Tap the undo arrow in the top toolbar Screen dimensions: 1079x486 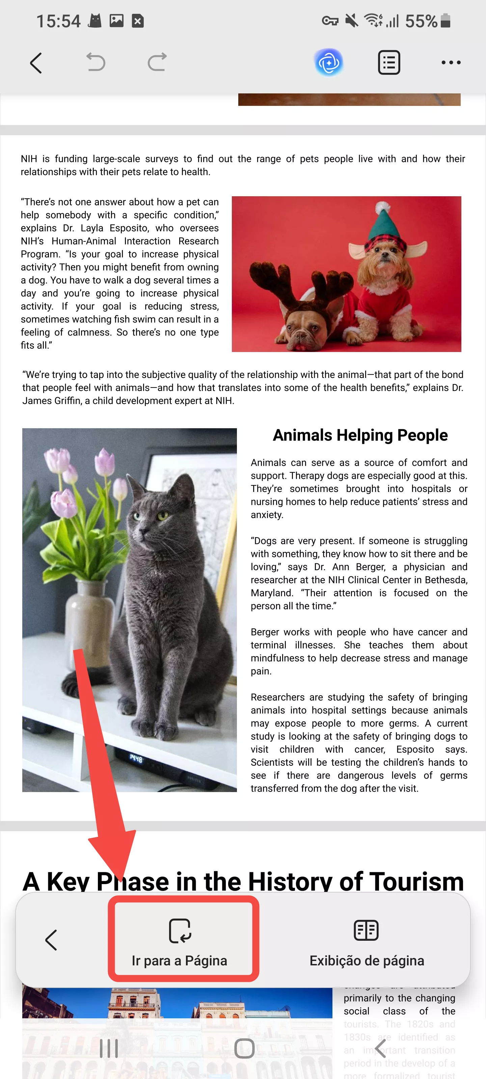point(96,62)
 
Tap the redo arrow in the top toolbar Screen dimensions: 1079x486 point(157,62)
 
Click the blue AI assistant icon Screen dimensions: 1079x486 point(329,62)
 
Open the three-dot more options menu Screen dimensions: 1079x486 point(451,62)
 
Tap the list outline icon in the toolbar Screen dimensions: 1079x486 point(389,62)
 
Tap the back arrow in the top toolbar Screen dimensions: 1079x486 point(36,63)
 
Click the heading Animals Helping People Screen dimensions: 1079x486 point(360,435)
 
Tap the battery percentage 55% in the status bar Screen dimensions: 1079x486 point(421,21)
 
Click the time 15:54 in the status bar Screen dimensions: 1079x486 point(58,21)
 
